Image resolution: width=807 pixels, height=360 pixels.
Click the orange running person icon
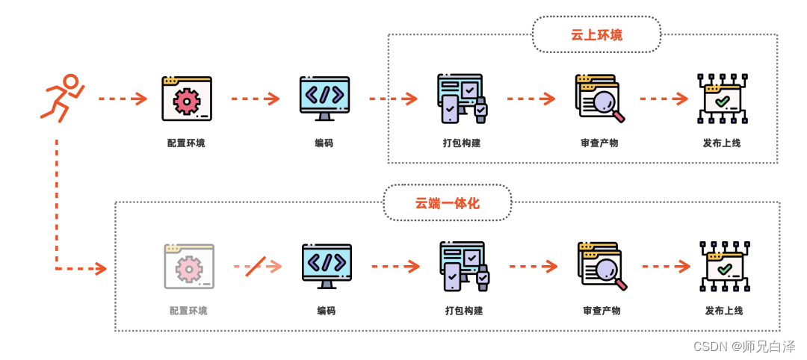click(61, 98)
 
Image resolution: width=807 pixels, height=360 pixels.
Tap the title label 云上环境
click(596, 35)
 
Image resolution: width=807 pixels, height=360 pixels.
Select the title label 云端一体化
click(447, 203)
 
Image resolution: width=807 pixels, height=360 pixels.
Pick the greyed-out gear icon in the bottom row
click(189, 267)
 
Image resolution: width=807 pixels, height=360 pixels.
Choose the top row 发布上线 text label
click(722, 143)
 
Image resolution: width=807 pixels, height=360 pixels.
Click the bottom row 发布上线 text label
click(724, 311)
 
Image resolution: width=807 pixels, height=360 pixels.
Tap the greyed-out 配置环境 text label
click(188, 311)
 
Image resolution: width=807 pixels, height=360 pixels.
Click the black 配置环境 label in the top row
click(186, 143)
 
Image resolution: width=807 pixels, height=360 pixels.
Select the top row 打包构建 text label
click(462, 143)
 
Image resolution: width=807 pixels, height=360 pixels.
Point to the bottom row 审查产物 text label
click(602, 311)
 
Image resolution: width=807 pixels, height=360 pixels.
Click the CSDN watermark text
click(744, 347)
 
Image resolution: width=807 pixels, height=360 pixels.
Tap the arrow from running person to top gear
click(123, 99)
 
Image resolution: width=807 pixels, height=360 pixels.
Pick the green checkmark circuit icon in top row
click(722, 99)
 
